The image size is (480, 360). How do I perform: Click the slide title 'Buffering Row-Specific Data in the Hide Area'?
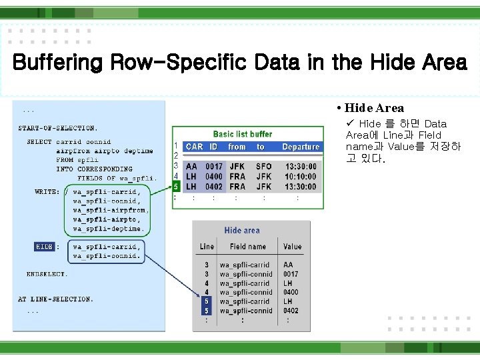tap(239, 63)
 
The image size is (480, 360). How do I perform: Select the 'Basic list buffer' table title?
tap(243, 134)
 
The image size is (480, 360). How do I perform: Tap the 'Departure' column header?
tap(301, 147)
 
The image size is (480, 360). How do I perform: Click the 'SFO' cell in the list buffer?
tap(264, 167)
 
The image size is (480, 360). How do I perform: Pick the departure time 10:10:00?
tap(300, 177)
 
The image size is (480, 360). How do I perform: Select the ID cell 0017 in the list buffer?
tap(214, 167)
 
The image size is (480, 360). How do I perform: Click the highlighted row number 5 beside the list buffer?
tap(176, 186)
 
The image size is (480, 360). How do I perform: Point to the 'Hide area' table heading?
tap(242, 230)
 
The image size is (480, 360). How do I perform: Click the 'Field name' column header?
tap(247, 247)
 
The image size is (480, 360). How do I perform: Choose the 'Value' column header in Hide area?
tap(292, 247)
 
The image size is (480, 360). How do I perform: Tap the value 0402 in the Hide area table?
tap(291, 311)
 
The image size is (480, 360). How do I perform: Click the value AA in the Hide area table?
tap(288, 265)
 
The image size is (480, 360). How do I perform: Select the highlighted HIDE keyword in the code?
tap(44, 247)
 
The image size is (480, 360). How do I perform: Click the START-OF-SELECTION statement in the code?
tap(58, 128)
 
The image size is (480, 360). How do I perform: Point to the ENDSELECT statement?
tap(47, 274)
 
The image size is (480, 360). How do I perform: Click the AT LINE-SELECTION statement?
tap(55, 299)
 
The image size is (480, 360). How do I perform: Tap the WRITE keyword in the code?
tap(46, 192)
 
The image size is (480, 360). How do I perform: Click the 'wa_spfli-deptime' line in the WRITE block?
tap(108, 229)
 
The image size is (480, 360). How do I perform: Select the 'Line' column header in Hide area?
tap(207, 247)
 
